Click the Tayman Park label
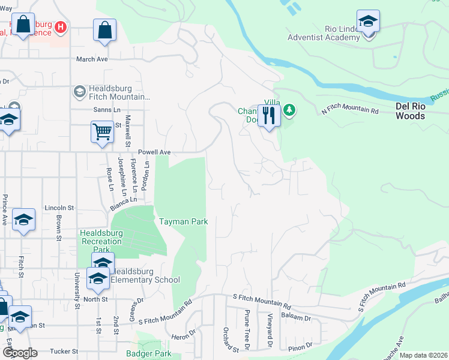pos(183,221)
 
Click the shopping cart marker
pos(102,131)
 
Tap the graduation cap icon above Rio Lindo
pos(367,21)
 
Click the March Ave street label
pos(91,59)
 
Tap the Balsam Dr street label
pos(298,318)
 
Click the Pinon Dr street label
pos(300,346)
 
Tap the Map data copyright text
pos(423,355)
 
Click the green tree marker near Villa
pos(289,110)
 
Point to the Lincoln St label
pos(59,208)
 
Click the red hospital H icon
pos(60,27)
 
